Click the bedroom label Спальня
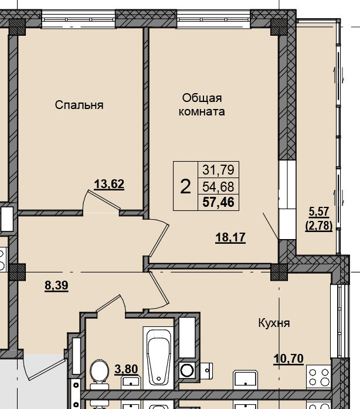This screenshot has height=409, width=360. click(x=79, y=105)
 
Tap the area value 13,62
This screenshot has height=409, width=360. click(x=109, y=184)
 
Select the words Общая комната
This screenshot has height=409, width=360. click(x=202, y=105)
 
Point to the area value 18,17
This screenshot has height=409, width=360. click(x=230, y=237)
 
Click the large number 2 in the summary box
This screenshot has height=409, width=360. click(x=185, y=186)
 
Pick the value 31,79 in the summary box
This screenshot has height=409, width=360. click(x=218, y=170)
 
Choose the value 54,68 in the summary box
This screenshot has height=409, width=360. click(x=218, y=187)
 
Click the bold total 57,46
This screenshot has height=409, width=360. click(x=218, y=202)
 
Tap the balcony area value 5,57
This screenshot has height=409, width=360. click(x=319, y=212)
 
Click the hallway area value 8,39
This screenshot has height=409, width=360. click(x=56, y=285)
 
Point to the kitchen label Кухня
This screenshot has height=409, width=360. click(x=274, y=323)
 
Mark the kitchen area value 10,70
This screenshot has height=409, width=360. click(x=288, y=359)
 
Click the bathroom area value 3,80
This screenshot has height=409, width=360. click(x=126, y=369)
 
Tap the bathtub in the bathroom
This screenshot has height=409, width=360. click(x=158, y=357)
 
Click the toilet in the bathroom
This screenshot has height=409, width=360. click(x=99, y=374)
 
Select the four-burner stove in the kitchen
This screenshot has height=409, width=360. click(x=319, y=377)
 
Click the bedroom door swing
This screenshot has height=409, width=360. click(x=101, y=200)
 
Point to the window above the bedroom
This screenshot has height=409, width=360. click(x=79, y=19)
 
